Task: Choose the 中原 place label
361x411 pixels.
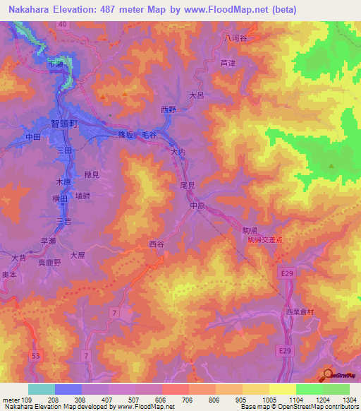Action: click(x=197, y=205)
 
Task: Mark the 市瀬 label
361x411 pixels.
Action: click(x=54, y=64)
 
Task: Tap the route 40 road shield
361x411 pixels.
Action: click(x=63, y=24)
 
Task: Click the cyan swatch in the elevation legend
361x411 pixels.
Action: click(x=41, y=389)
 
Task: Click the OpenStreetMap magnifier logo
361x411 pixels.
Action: click(x=328, y=374)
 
